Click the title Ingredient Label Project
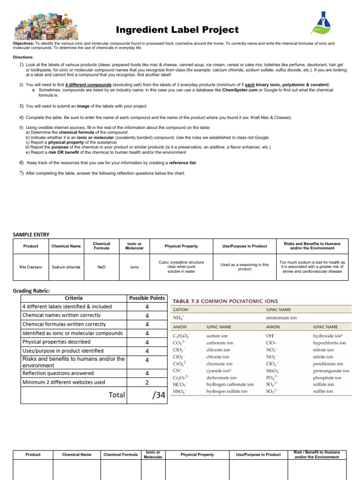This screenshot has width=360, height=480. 177,30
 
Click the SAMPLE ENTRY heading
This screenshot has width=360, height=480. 31,234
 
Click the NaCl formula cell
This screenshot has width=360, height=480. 102,267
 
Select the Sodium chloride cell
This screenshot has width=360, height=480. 66,267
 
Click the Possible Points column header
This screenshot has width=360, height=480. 147,298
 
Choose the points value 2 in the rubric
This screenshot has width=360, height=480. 147,382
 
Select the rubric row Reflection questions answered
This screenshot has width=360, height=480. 58,373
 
